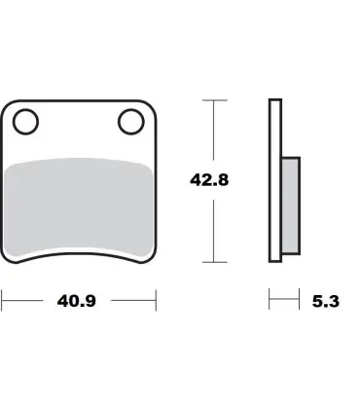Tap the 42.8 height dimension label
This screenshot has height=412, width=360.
(x=209, y=180)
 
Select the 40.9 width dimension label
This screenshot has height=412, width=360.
(x=77, y=301)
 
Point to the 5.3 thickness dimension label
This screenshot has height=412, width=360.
(x=326, y=301)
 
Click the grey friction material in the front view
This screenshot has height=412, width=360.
(x=79, y=207)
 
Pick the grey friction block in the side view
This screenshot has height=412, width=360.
(x=291, y=206)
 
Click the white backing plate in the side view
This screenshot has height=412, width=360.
(x=275, y=180)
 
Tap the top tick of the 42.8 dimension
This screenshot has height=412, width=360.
(x=214, y=100)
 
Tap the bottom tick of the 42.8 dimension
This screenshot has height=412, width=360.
(x=214, y=262)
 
